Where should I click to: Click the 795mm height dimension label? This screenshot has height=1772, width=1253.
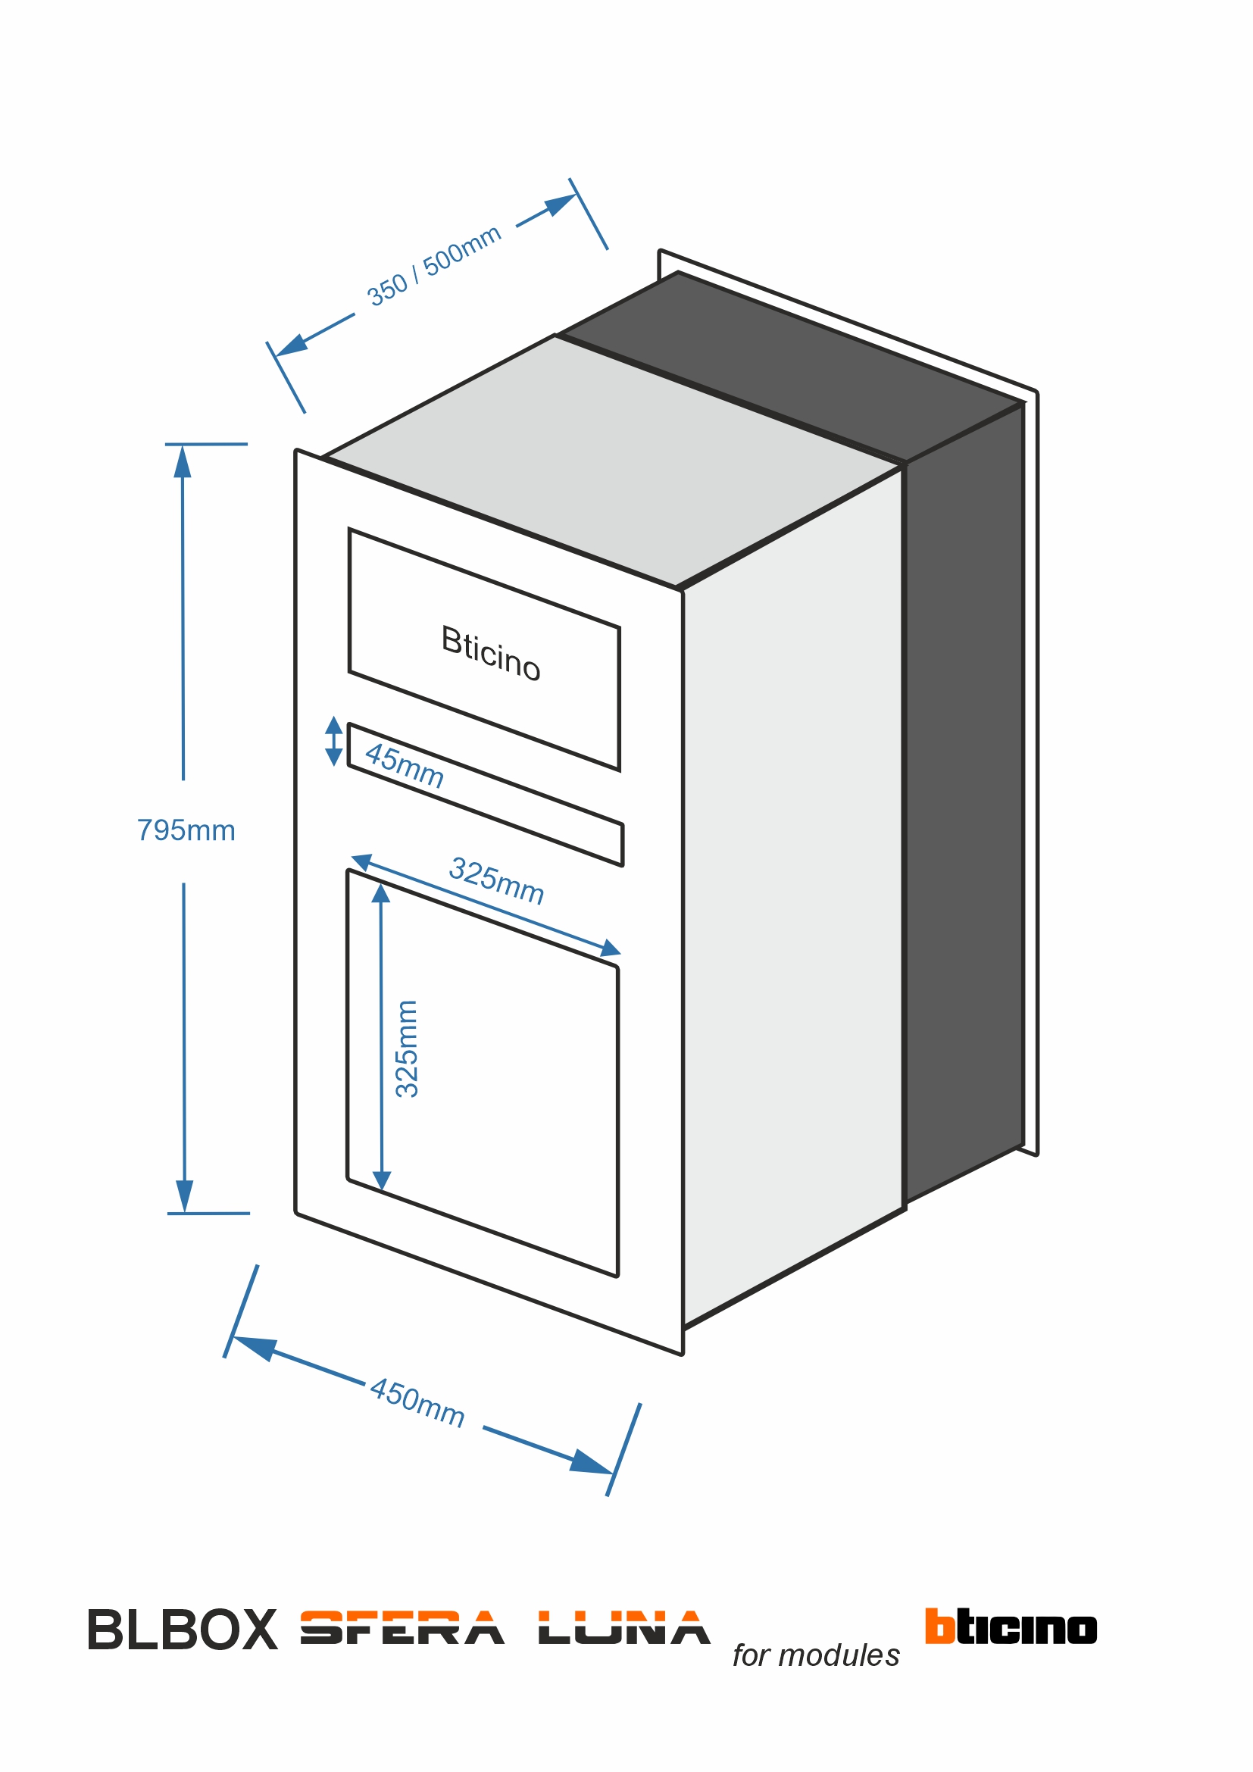coord(186,830)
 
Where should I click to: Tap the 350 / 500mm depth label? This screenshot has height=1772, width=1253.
coord(433,266)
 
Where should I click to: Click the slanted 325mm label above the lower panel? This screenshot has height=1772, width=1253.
coord(497,880)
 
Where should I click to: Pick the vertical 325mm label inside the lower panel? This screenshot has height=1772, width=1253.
coord(407,1049)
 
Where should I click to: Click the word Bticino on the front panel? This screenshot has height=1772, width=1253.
coord(491,653)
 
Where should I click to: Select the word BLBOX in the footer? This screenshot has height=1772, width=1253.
coord(182,1631)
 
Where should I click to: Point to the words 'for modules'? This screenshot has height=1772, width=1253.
coord(816,1655)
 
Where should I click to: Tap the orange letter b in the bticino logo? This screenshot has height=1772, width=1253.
coord(939,1624)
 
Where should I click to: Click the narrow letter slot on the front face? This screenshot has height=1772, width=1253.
coord(486,795)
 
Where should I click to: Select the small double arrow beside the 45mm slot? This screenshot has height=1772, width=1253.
coord(333,741)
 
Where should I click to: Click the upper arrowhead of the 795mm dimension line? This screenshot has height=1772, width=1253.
coord(182,461)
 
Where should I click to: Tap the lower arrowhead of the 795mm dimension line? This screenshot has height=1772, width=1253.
coord(184,1195)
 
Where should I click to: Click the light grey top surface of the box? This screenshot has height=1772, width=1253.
coord(610,455)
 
